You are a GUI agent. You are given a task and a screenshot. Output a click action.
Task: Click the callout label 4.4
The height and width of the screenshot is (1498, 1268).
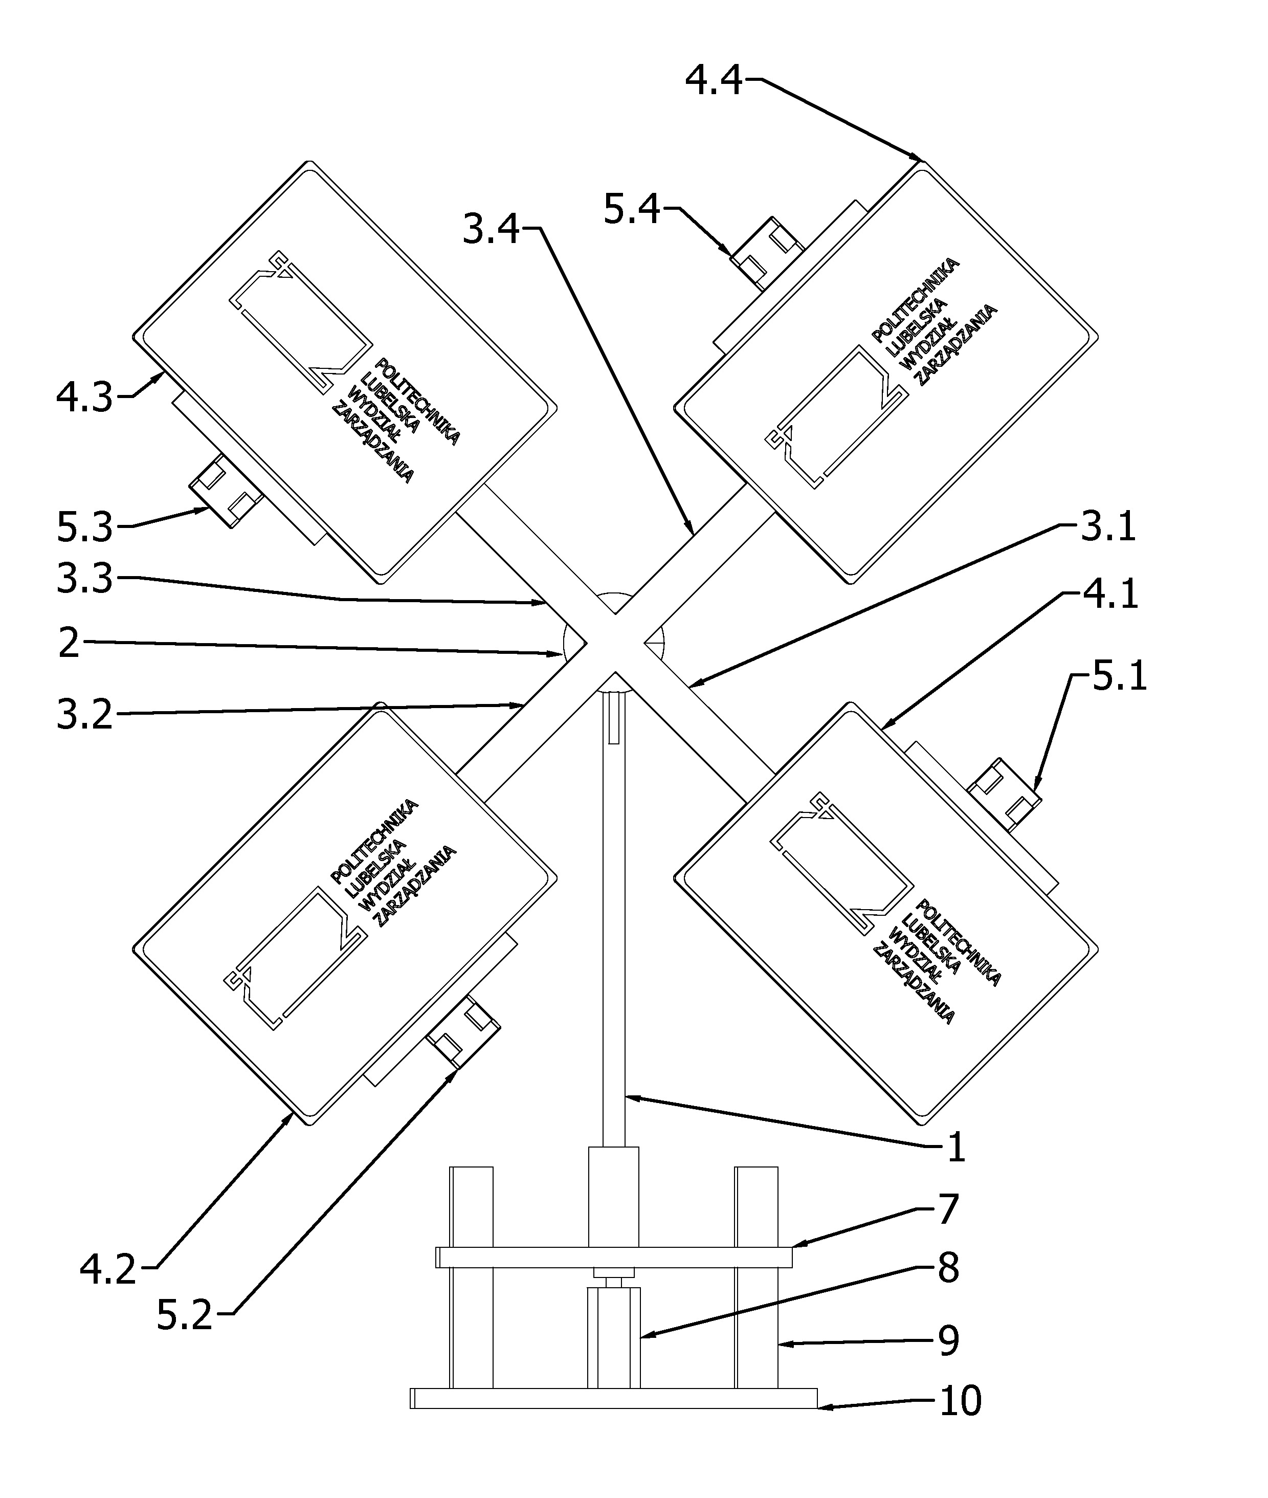[713, 80]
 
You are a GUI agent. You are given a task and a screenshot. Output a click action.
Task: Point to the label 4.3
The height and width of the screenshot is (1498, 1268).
[85, 397]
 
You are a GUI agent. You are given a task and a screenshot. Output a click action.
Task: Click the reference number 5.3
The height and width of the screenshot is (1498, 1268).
[85, 527]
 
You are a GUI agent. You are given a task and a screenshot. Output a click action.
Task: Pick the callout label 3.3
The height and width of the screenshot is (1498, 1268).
[85, 579]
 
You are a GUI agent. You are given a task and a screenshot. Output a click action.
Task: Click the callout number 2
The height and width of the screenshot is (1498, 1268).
[69, 643]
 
